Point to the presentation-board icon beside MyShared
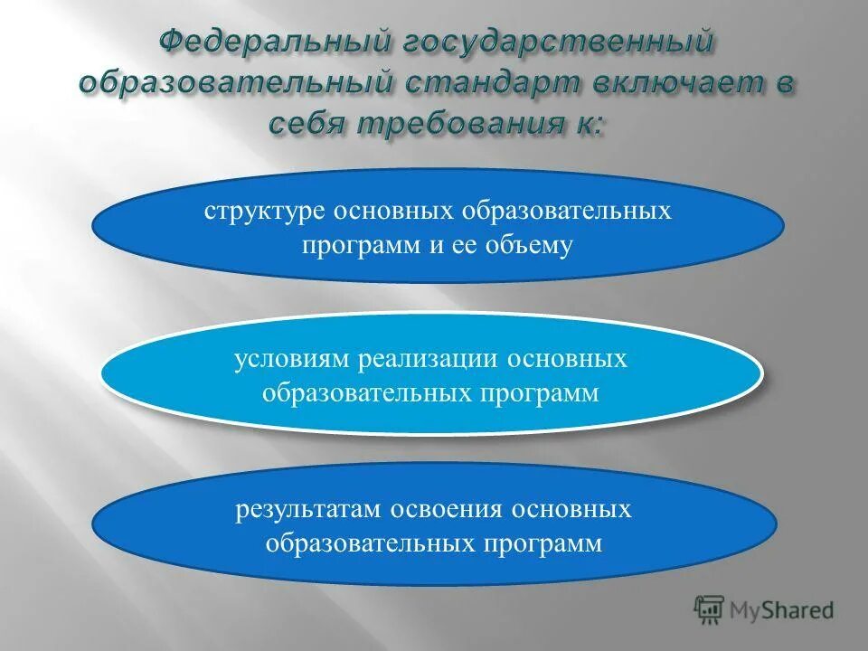point(710,609)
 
